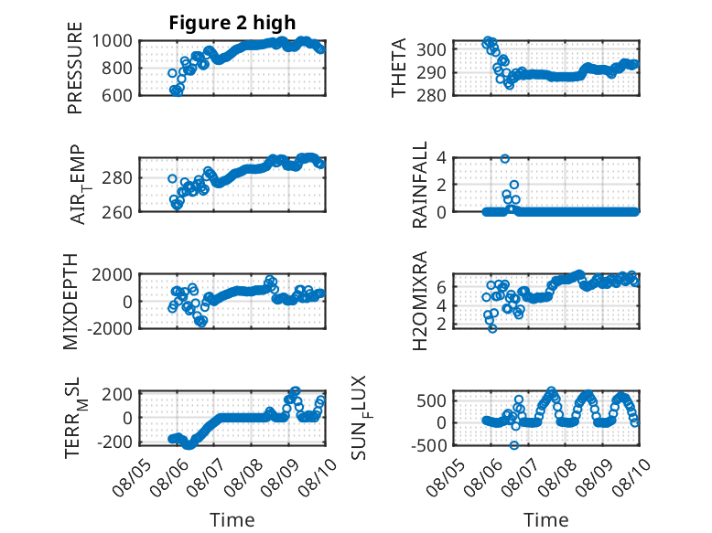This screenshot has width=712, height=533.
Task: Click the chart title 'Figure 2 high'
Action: [x=232, y=23]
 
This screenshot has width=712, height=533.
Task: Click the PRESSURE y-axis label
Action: [x=75, y=68]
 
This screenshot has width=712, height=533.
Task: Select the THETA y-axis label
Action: [x=398, y=68]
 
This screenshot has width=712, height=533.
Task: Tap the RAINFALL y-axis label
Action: [x=419, y=185]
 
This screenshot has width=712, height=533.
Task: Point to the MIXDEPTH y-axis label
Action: [x=70, y=302]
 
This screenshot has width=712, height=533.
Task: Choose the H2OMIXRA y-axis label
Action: [x=419, y=301]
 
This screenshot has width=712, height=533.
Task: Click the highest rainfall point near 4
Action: [x=504, y=158]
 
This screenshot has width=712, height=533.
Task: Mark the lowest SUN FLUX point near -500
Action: [x=514, y=445]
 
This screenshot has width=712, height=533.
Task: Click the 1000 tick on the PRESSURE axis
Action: [x=113, y=41]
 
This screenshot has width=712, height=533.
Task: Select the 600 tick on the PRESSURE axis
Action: [x=117, y=95]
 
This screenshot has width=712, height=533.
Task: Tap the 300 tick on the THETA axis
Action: [x=431, y=49]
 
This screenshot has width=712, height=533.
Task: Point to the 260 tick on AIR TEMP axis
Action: [x=117, y=212]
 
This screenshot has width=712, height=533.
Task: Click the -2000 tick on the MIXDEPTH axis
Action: [x=110, y=328]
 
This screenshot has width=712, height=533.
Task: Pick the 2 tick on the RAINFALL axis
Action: [x=441, y=185]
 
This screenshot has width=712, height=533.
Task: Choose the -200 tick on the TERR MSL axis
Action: [x=114, y=442]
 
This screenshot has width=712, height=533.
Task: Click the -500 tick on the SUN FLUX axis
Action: [x=428, y=445]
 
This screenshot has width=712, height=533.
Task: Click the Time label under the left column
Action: [x=232, y=520]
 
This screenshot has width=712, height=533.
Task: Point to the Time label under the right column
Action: [x=545, y=520]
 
